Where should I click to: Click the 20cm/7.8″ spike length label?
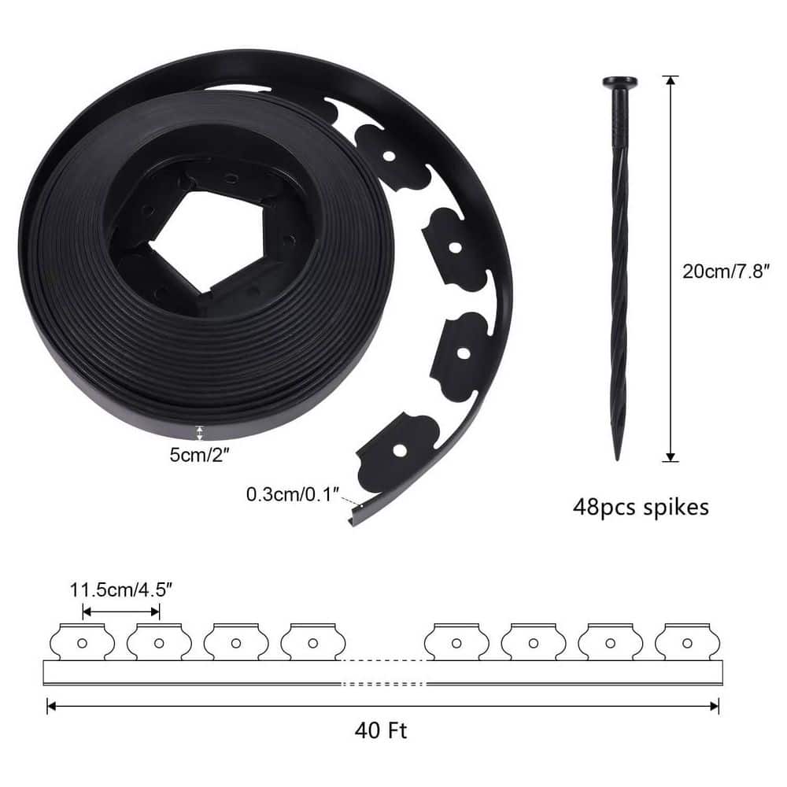(726, 272)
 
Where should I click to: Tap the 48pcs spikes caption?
(640, 506)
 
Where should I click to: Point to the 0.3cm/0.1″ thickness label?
(292, 494)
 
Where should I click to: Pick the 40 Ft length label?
(381, 731)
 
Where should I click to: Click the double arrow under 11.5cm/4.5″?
(121, 611)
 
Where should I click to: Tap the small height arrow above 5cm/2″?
(199, 432)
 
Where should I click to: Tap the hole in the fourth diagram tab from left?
(312, 643)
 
